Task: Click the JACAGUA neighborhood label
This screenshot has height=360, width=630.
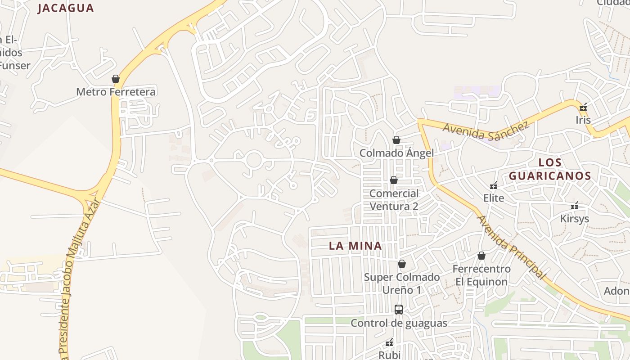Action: [66, 8]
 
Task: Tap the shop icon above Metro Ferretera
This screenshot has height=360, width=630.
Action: [116, 79]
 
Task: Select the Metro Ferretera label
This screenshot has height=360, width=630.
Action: [116, 92]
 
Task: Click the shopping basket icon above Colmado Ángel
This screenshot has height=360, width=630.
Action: [396, 140]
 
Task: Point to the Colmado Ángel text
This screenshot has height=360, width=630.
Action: [396, 153]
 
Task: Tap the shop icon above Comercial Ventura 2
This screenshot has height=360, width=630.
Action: [394, 180]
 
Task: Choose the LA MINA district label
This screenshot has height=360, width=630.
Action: [355, 246]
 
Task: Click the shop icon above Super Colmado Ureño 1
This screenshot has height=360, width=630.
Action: [402, 264]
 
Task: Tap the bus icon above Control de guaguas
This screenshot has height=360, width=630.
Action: [399, 310]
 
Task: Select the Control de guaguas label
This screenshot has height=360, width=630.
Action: [399, 323]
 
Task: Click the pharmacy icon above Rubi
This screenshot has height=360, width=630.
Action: [390, 343]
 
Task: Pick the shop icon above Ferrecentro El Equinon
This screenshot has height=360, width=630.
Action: [481, 256]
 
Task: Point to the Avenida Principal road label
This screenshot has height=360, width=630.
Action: [512, 247]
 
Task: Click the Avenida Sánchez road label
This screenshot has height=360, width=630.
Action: [486, 131]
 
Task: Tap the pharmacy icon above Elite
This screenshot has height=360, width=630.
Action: [494, 185]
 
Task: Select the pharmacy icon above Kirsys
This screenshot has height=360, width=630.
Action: [575, 206]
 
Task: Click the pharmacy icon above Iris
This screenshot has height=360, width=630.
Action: [584, 107]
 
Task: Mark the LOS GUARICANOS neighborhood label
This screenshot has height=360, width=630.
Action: [550, 169]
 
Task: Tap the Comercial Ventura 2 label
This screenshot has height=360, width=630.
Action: [394, 200]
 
